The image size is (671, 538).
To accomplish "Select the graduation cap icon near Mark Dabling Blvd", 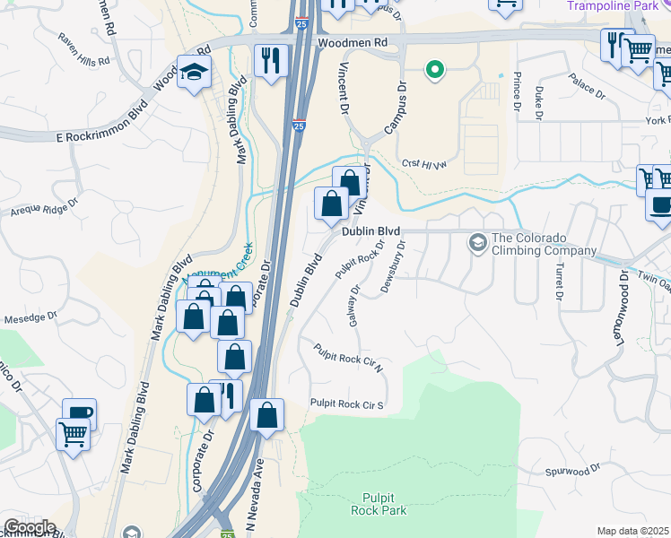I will (x=193, y=73).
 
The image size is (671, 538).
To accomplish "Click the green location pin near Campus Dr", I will (x=435, y=69).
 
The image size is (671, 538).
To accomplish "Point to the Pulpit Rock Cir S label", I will (x=346, y=405).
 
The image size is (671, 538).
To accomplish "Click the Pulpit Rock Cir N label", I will (x=349, y=358).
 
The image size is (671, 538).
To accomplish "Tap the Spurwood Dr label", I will (x=571, y=471).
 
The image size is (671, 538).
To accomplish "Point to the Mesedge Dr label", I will (x=32, y=317).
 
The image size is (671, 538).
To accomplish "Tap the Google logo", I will (x=29, y=527).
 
